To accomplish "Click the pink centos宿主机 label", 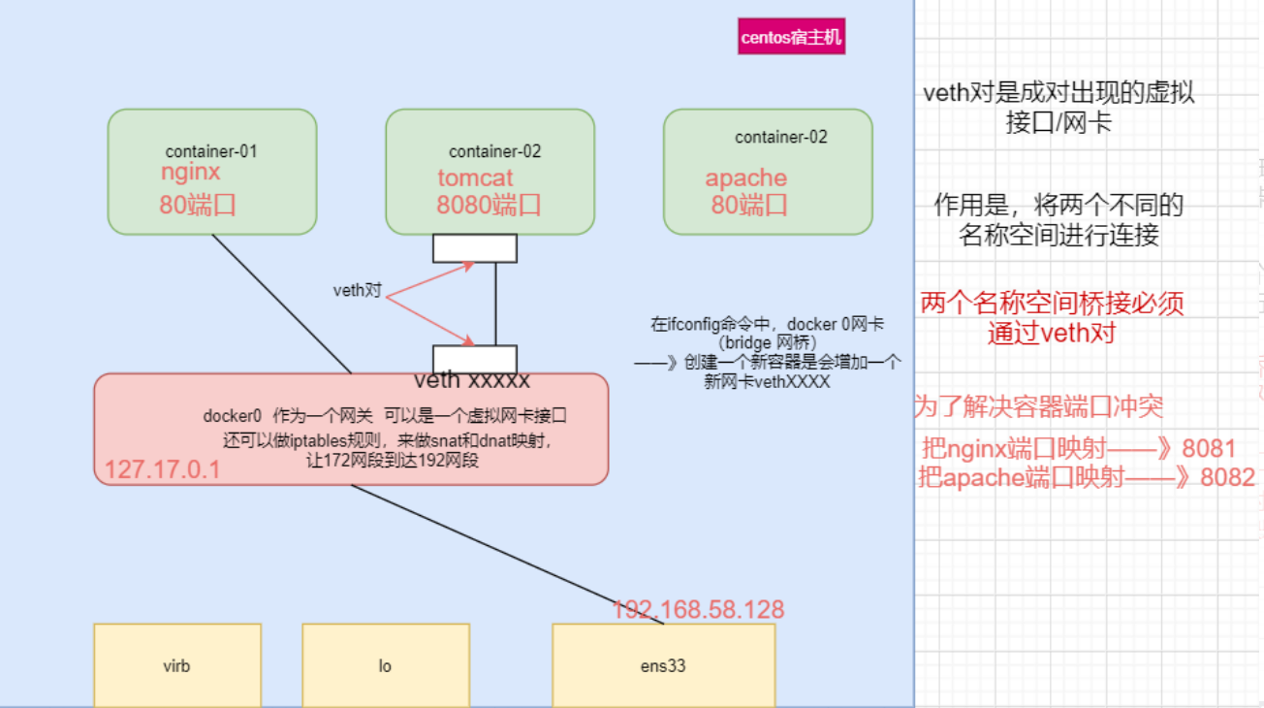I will (791, 38).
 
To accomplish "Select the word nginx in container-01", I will (191, 173).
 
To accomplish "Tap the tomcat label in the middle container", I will (475, 178).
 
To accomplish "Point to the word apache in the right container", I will (745, 178).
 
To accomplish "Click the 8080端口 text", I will (489, 205).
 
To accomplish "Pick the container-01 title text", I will (211, 151).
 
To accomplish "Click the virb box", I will (177, 666).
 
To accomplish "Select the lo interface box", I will (385, 666).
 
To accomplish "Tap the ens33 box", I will (663, 666).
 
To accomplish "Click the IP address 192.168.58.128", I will (698, 610).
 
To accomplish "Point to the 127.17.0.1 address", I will (163, 470).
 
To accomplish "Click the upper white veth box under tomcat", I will (474, 248).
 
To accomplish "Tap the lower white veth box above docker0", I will (474, 359).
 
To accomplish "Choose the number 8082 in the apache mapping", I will (1227, 477).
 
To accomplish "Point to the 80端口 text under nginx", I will (198, 205).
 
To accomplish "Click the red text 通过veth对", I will (1052, 334).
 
